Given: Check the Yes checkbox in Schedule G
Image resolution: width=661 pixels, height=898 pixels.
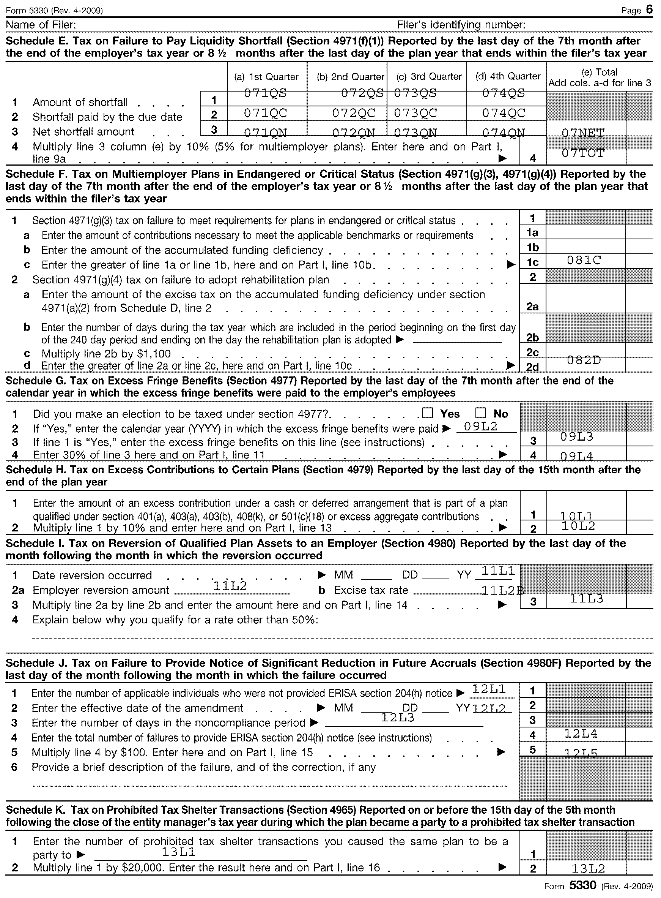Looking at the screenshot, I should (428, 413).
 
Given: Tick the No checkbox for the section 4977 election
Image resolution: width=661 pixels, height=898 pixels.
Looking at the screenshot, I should (480, 413).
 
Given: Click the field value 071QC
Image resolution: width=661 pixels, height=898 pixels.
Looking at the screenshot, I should (266, 113).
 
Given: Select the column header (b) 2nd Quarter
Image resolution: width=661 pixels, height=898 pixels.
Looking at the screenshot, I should (350, 76).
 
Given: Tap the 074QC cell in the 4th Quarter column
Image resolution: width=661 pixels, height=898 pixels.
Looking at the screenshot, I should (504, 113).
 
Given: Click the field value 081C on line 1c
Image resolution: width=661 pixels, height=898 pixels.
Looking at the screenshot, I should (584, 260).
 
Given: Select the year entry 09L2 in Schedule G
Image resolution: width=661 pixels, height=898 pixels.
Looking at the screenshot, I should (480, 426).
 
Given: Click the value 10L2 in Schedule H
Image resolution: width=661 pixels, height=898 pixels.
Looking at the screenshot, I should (578, 526).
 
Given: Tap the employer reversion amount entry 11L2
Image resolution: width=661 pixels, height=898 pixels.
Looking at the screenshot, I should (230, 586).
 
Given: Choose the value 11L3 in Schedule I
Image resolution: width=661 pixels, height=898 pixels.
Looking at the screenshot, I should (586, 599).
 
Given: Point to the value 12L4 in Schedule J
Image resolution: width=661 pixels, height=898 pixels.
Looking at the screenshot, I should (581, 734).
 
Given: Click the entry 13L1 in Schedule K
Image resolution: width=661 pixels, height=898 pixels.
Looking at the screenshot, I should (178, 852).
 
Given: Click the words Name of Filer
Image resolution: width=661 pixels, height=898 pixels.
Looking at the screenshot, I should (41, 25).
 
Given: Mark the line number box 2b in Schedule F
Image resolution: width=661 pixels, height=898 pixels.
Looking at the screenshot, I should (532, 338).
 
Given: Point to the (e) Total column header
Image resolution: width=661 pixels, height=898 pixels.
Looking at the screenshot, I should (600, 77).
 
